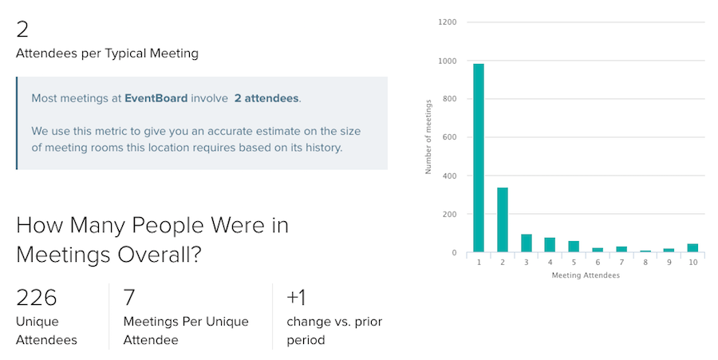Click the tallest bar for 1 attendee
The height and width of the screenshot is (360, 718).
tap(479, 158)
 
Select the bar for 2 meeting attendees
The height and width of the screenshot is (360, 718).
tap(503, 220)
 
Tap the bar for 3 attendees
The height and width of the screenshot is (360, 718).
tap(527, 243)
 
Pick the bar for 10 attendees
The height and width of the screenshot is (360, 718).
tap(692, 247)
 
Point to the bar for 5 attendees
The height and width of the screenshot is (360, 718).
tap(574, 247)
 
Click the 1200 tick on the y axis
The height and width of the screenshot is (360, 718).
tap(447, 22)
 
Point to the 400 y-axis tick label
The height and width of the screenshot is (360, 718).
tap(448, 176)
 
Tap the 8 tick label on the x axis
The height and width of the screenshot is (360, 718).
tap(645, 263)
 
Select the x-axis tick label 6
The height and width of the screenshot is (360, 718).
tap(598, 263)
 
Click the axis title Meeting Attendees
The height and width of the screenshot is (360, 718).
tap(586, 275)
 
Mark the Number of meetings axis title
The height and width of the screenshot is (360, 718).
tap(428, 137)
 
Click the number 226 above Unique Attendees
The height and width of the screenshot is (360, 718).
tap(36, 297)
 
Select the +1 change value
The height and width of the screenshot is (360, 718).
tap(296, 297)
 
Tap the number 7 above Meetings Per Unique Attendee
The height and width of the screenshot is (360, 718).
tap(129, 297)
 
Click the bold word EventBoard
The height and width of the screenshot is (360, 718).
tap(156, 98)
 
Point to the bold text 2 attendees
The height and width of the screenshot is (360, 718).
tap(266, 98)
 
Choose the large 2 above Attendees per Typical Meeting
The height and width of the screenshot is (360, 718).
tap(22, 30)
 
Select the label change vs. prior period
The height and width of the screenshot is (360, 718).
tap(334, 330)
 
